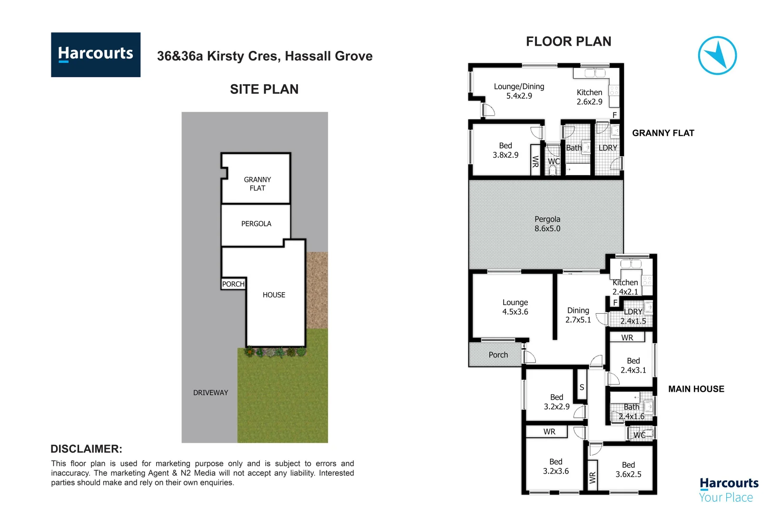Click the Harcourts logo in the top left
pos(96,54)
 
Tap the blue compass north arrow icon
pos(717,55)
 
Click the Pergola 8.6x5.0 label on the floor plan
pos(547,224)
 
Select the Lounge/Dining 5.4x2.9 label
pos(519,91)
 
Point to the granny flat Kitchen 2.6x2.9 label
pos(589,97)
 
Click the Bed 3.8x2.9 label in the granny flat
pos(505,150)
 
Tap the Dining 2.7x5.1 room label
pos(578,315)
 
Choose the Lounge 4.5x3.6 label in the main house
pos(515,307)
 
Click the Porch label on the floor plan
pos(498,355)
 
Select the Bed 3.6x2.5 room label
pos(628,469)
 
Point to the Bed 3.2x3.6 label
pos(555,466)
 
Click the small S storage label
pos(582,387)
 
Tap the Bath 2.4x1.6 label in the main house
pos(632,411)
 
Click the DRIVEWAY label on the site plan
pos(210,393)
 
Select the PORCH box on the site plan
pos(233,284)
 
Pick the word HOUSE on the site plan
pos(274,295)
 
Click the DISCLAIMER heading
pos(86,449)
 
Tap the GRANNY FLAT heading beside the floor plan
pos(663,133)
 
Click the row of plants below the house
pos(275,353)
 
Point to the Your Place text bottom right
pos(725,497)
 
